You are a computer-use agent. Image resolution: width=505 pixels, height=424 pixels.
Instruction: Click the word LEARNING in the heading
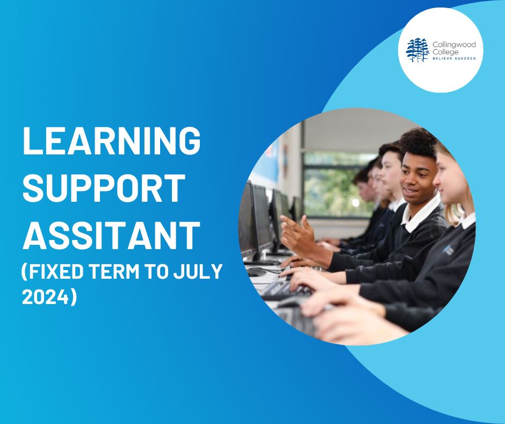pos(111,140)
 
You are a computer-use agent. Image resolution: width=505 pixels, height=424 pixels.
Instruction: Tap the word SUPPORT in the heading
pos(104,188)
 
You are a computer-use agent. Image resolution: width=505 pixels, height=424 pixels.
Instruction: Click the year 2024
pos(46,296)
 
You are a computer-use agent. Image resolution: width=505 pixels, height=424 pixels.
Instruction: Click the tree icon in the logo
pos(417,50)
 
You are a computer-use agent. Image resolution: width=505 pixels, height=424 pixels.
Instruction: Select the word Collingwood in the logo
pos(454,45)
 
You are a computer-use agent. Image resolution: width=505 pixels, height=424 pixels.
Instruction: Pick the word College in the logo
pos(445,52)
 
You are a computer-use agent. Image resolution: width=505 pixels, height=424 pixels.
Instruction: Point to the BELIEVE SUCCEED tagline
pos(454,59)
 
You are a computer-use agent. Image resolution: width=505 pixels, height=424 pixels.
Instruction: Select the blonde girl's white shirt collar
pos(467,221)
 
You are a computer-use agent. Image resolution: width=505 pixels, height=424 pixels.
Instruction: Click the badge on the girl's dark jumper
pos(448,250)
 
